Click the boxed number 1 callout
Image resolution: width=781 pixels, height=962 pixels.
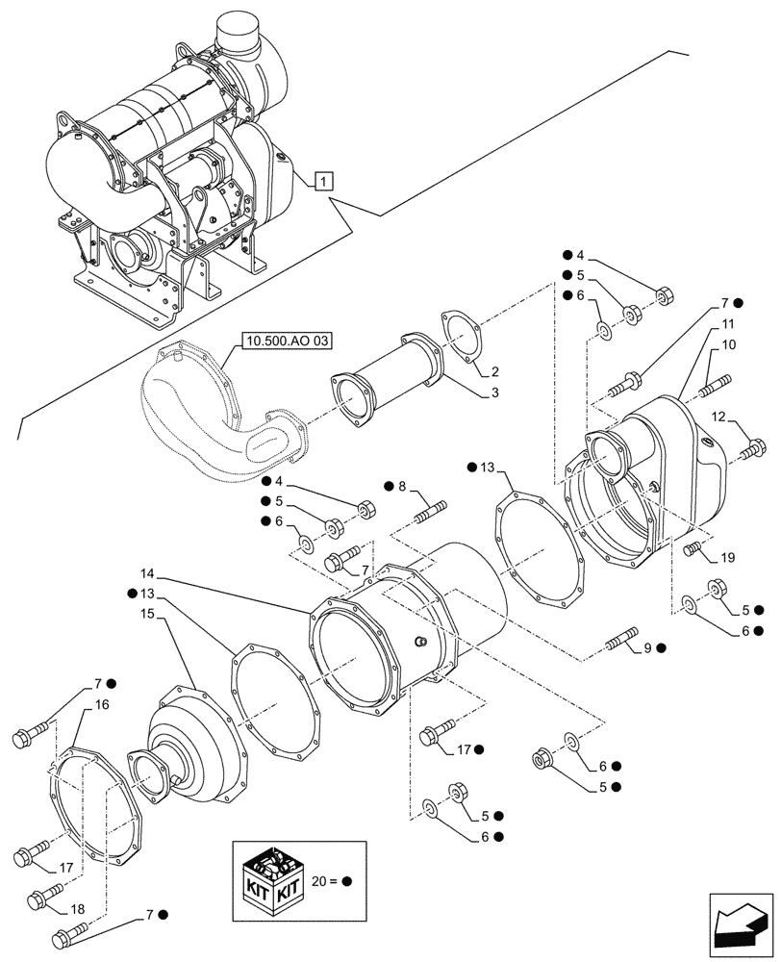pyautogui.click(x=324, y=180)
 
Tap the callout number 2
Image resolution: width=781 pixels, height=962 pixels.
pyautogui.click(x=493, y=371)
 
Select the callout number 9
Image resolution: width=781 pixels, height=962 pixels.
pyautogui.click(x=647, y=649)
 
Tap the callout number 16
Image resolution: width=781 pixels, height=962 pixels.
pyautogui.click(x=101, y=704)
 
